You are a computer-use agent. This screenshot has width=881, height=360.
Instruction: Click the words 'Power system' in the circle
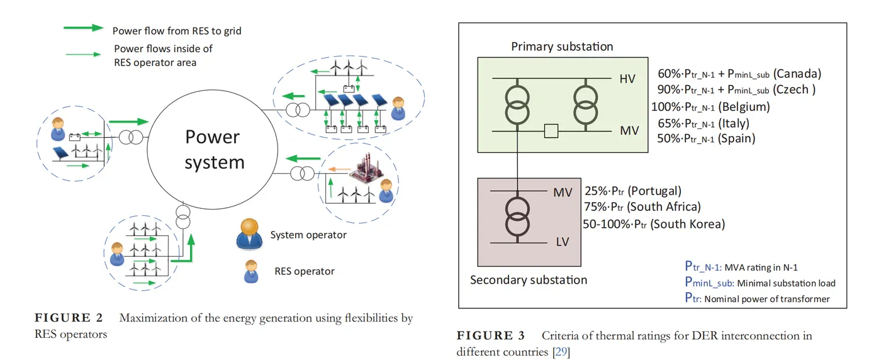click(214, 150)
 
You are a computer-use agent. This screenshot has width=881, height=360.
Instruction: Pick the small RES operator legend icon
click(252, 271)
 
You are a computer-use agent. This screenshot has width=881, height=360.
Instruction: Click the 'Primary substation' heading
click(561, 47)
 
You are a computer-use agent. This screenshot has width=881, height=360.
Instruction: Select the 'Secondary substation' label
click(528, 280)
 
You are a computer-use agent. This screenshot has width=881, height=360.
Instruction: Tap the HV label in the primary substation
click(627, 79)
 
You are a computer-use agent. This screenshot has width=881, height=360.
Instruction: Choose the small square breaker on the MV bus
click(551, 131)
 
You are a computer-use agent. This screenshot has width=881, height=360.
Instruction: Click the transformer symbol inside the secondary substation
click(517, 215)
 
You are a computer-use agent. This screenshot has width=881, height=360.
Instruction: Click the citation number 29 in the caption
click(561, 352)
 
